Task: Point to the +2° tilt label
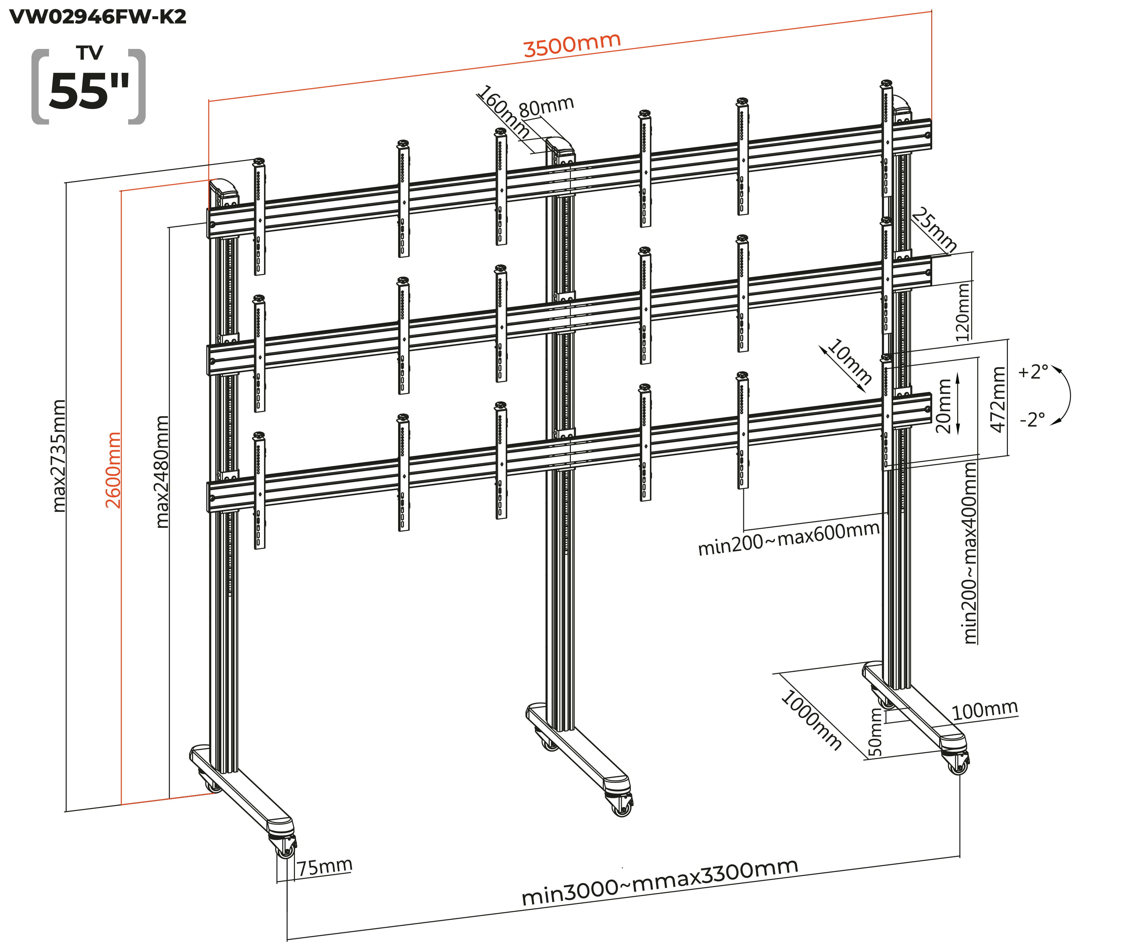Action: (1033, 372)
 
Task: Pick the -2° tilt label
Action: (1033, 419)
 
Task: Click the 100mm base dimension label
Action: (985, 711)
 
